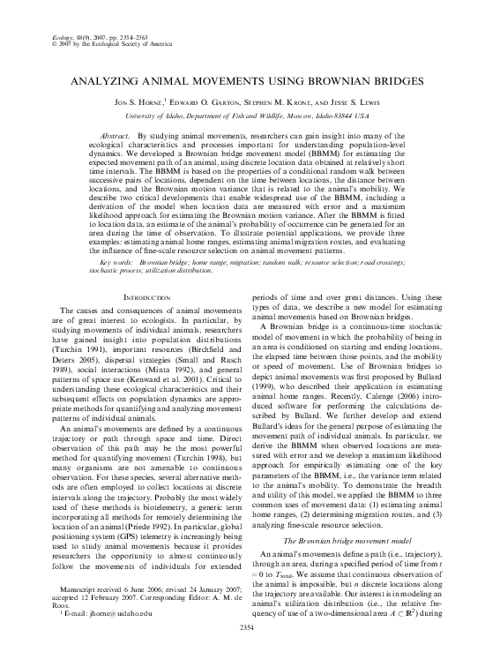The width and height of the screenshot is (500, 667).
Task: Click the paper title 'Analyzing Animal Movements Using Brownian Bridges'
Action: click(x=250, y=80)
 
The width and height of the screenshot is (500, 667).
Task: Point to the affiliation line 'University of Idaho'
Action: click(x=250, y=116)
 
